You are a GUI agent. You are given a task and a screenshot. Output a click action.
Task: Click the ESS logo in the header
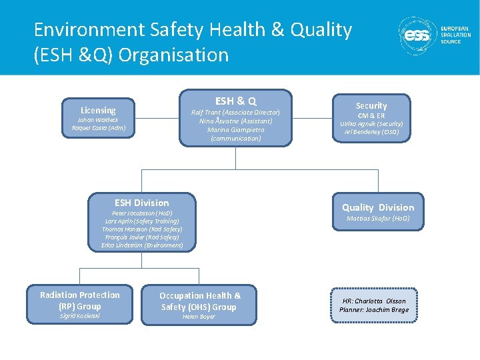point(417,36)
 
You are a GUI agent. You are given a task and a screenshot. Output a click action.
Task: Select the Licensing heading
point(98,110)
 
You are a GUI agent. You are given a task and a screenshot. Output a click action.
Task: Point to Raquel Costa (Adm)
point(98,128)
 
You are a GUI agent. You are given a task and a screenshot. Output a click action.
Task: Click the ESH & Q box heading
point(235,101)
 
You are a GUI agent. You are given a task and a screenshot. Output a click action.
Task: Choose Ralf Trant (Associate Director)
point(235,113)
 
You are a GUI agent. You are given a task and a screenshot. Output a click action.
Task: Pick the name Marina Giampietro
point(235,130)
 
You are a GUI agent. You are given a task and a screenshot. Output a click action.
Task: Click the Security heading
point(371,105)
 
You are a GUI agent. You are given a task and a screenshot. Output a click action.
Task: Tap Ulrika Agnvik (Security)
point(371,124)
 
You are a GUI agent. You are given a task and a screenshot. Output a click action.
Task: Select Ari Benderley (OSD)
point(371,132)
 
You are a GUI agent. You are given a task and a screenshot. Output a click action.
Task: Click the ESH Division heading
point(142,203)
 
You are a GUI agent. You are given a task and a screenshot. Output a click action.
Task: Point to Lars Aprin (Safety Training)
point(142,221)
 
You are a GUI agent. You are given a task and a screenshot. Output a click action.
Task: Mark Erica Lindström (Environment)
point(142,245)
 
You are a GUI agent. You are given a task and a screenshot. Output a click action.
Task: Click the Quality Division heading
point(378,207)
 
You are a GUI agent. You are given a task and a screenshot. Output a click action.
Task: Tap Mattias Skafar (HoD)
point(378,219)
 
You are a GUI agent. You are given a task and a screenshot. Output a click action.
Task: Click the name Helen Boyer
point(199,317)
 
